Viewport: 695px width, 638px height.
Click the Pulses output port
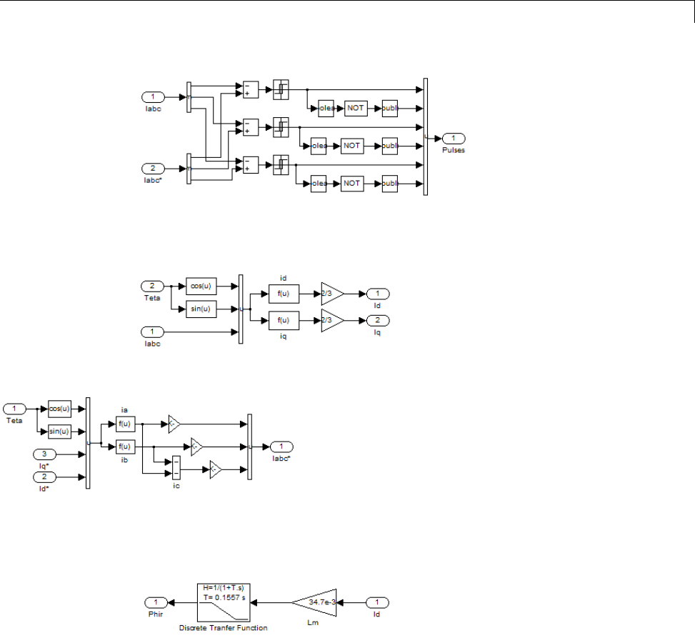(454, 138)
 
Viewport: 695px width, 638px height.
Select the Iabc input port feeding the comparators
(154, 96)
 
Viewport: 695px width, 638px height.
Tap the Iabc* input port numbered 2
(154, 169)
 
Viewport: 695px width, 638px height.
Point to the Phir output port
(156, 602)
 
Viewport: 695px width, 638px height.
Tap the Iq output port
(377, 319)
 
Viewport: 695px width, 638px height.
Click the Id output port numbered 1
(377, 294)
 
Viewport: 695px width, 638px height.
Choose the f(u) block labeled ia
(124, 424)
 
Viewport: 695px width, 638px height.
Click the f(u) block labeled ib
(124, 447)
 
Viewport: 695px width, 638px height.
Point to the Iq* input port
(44, 454)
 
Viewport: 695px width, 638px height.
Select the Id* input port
(44, 476)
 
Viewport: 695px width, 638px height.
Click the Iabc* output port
(281, 447)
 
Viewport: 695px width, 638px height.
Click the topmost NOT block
(356, 108)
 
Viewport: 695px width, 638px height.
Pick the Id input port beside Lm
(379, 602)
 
